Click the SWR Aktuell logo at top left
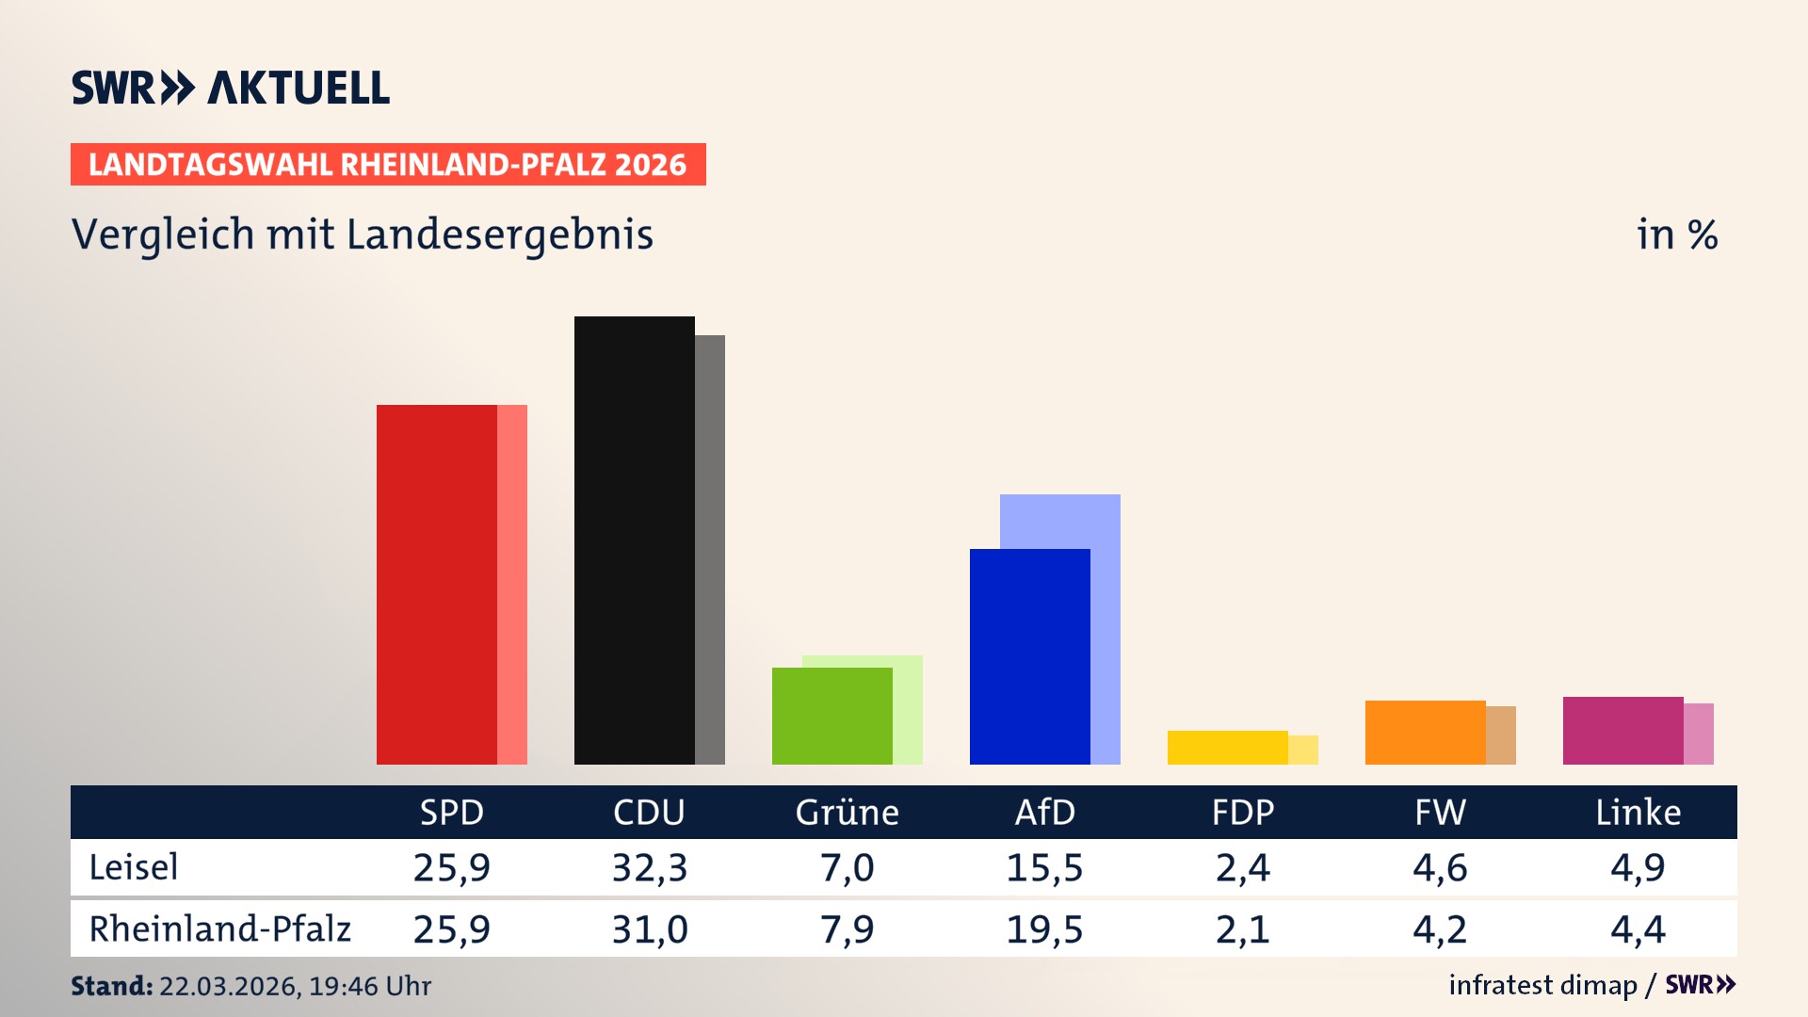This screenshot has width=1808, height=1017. pyautogui.click(x=231, y=88)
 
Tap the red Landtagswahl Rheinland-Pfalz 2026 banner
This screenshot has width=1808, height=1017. pyautogui.click(x=388, y=165)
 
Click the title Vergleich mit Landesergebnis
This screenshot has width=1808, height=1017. pyautogui.click(x=363, y=234)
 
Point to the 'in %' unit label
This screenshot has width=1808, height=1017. pyautogui.click(x=1676, y=234)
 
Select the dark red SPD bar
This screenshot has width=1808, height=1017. pyautogui.click(x=437, y=584)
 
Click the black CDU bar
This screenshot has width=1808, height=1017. pyautogui.click(x=634, y=540)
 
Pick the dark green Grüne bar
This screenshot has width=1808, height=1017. pyautogui.click(x=831, y=716)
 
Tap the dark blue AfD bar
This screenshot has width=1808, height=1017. pyautogui.click(x=1029, y=656)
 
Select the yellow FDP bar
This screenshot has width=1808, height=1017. pyautogui.click(x=1227, y=747)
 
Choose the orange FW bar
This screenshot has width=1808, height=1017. pyautogui.click(x=1425, y=732)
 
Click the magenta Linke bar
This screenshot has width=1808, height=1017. pyautogui.click(x=1622, y=730)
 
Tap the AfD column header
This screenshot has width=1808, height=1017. pyautogui.click(x=1044, y=812)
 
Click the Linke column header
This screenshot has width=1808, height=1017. pyautogui.click(x=1638, y=812)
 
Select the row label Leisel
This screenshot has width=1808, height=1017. pyautogui.click(x=134, y=867)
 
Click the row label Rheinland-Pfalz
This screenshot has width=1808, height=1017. pyautogui.click(x=219, y=929)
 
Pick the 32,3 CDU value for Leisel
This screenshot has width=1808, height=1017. pyautogui.click(x=650, y=867)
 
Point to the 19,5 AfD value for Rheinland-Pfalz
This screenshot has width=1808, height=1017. pyautogui.click(x=1044, y=929)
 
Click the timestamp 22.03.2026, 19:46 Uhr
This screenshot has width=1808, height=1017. pyautogui.click(x=295, y=986)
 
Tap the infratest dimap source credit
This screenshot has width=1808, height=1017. pyautogui.click(x=1542, y=985)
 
